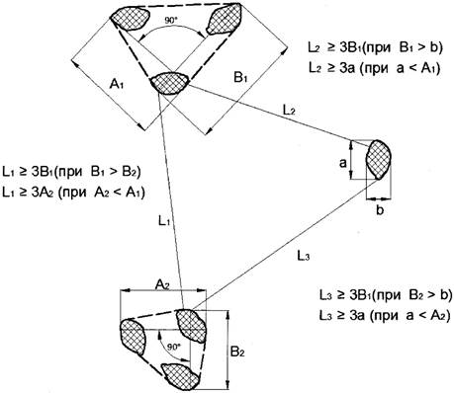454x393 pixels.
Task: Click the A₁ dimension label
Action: pos(117,85)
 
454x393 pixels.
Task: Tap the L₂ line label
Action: pos(289,110)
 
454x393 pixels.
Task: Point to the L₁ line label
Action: pos(164,221)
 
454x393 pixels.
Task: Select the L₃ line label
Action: pos(304,256)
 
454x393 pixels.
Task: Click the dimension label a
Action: pos(343,163)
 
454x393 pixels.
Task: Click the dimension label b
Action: pos(380,209)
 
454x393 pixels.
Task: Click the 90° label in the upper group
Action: pos(171,20)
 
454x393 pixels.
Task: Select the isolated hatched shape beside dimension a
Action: pos(379,160)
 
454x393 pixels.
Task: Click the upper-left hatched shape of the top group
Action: pos(130,19)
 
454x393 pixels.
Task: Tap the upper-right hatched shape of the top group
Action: pos(226,19)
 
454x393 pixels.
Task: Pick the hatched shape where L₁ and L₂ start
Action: pos(170,83)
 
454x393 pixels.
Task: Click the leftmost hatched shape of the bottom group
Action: pos(133,337)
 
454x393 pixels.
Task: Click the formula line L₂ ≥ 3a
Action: pos(375,69)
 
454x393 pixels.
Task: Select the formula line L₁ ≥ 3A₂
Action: pos(73,192)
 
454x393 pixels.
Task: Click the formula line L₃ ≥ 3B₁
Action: pos(386,295)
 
